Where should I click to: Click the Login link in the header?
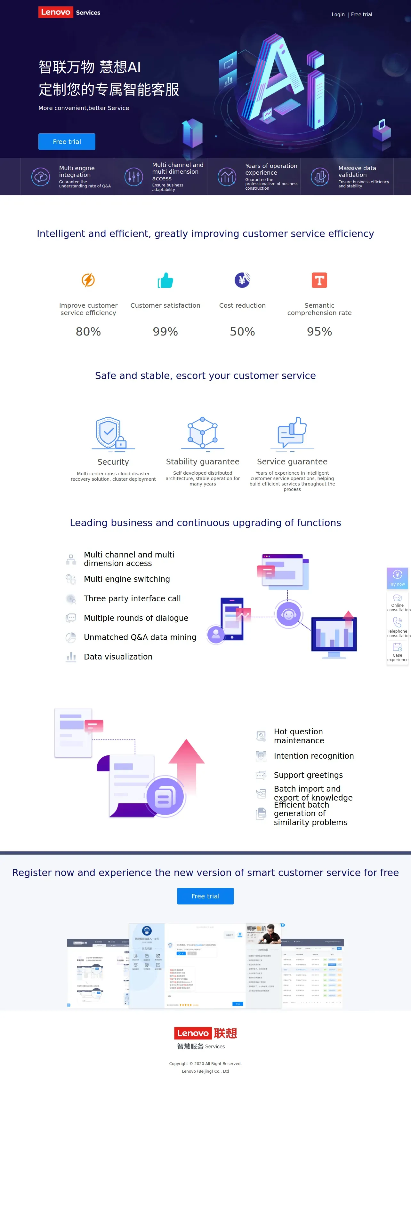[x=338, y=14]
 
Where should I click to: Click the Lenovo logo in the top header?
[x=55, y=12]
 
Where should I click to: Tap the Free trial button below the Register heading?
[x=205, y=896]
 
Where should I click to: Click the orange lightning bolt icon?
[x=88, y=280]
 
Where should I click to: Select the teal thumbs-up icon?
[x=165, y=280]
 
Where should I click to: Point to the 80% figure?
[x=88, y=331]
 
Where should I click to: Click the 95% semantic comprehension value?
[x=319, y=331]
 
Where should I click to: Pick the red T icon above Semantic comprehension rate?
[x=319, y=280]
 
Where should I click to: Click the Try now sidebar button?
[x=397, y=578]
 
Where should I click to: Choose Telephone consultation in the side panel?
[x=398, y=627]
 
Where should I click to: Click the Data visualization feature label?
[x=118, y=657]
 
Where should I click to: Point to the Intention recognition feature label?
[x=313, y=756]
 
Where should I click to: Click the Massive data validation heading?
[x=357, y=171]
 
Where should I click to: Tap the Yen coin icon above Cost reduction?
[x=242, y=280]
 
